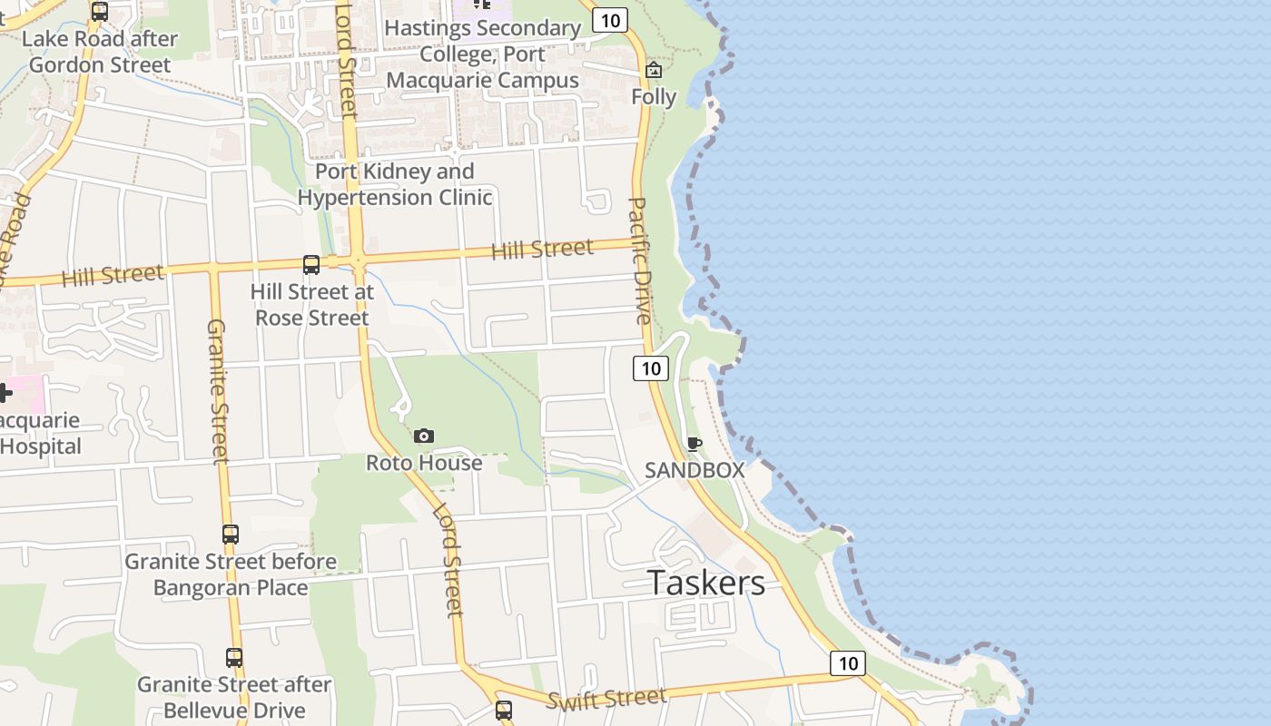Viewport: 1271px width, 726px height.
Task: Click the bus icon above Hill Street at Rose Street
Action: [x=310, y=265]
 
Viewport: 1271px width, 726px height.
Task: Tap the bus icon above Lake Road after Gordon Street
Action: [x=100, y=12]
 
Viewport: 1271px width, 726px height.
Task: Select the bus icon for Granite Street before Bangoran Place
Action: [x=231, y=535]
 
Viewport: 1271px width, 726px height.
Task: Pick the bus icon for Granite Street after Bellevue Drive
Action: [x=234, y=658]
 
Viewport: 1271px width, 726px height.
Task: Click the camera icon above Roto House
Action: [x=424, y=437]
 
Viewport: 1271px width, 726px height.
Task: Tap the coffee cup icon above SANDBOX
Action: [x=695, y=444]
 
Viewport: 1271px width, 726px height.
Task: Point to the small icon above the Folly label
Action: [x=654, y=71]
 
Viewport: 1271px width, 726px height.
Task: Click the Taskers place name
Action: [x=706, y=583]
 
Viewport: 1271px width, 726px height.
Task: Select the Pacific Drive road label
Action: [x=640, y=260]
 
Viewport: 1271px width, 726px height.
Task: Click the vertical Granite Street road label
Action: [x=217, y=390]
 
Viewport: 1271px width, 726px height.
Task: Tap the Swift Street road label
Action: [x=606, y=698]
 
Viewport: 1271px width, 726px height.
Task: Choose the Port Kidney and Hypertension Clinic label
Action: [x=395, y=184]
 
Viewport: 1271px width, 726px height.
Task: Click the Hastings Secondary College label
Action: [x=482, y=54]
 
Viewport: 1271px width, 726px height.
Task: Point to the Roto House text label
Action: [x=424, y=463]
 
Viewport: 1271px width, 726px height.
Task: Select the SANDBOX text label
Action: [x=695, y=470]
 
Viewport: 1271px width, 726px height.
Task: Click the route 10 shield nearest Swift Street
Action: [x=848, y=663]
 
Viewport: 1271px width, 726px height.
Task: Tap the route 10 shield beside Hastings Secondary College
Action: [x=610, y=20]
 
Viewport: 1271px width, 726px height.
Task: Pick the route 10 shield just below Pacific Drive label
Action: [x=651, y=368]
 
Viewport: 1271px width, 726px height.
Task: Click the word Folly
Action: [x=654, y=96]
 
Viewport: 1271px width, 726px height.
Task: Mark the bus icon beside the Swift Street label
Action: [x=504, y=711]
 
